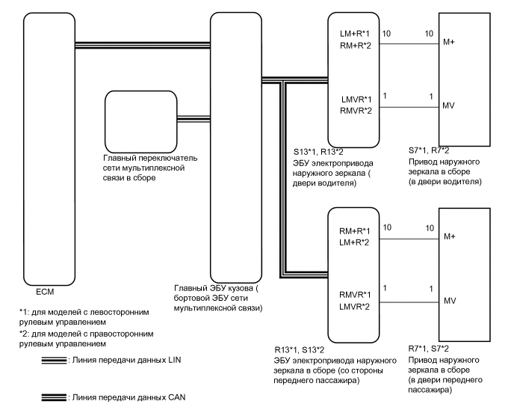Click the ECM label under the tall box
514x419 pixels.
click(x=45, y=292)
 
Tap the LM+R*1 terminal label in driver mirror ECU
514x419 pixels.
click(x=355, y=34)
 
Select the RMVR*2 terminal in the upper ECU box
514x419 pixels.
click(x=356, y=111)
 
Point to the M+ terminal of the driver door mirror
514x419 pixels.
click(x=449, y=42)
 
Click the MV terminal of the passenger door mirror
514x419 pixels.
click(x=450, y=301)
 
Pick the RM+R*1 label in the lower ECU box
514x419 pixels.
click(x=355, y=231)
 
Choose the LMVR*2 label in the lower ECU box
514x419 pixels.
click(x=354, y=307)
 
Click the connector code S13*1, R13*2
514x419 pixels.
click(x=318, y=152)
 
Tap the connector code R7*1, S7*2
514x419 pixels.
click(x=429, y=349)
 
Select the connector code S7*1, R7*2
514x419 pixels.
click(x=429, y=150)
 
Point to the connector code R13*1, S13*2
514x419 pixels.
click(x=300, y=350)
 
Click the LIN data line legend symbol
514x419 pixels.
click(x=54, y=361)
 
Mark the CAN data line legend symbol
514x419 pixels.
click(x=54, y=397)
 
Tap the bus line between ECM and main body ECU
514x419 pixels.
click(x=143, y=46)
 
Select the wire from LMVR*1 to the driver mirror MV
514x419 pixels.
click(x=409, y=107)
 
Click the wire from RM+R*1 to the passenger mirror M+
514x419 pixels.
click(x=409, y=239)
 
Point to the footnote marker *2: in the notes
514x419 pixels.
click(x=24, y=334)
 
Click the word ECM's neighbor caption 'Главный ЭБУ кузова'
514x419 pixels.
click(x=214, y=288)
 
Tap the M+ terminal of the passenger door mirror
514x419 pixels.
click(x=450, y=236)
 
